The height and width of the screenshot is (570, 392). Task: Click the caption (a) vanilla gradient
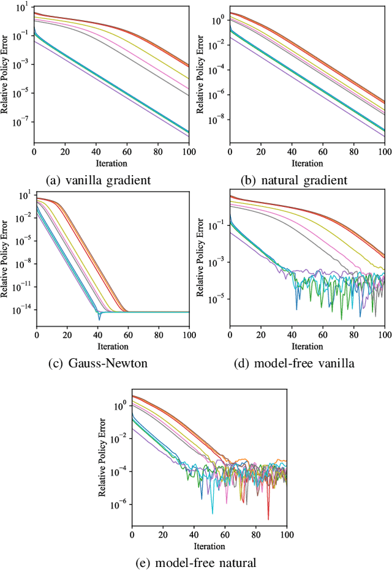click(x=100, y=180)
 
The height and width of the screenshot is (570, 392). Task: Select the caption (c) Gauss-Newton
click(x=98, y=363)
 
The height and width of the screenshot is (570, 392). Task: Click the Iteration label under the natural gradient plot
click(x=307, y=163)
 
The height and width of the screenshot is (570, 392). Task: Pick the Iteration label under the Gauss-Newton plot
click(x=112, y=346)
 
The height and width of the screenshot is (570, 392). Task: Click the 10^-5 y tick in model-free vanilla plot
click(x=217, y=299)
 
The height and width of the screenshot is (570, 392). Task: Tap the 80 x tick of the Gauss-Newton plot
click(x=159, y=336)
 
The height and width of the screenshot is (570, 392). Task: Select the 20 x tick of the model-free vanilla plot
click(x=261, y=336)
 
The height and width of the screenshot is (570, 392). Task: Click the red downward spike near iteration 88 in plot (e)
click(x=268, y=517)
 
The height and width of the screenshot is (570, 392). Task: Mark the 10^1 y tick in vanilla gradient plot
click(x=24, y=8)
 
